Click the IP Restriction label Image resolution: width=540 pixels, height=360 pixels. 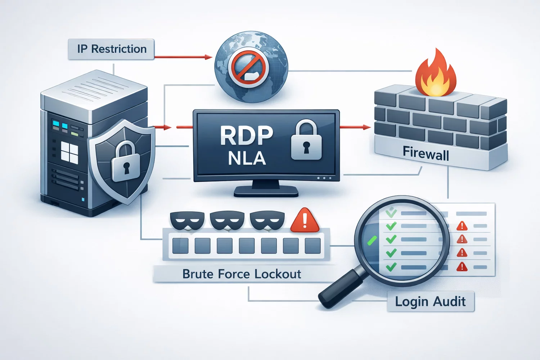(x=111, y=49)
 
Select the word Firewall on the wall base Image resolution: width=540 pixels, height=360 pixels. (x=426, y=153)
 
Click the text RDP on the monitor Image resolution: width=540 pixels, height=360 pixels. (x=246, y=136)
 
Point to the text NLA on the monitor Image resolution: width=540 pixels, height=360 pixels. (x=247, y=159)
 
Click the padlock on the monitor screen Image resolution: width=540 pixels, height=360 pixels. (x=306, y=142)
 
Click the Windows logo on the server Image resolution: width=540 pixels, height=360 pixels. (x=69, y=152)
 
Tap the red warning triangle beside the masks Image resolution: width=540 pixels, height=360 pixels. (x=305, y=220)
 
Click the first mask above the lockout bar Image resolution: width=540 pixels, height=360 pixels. (x=187, y=220)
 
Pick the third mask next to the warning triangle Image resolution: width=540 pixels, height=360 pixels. (x=267, y=220)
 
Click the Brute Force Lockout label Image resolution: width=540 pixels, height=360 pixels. (x=242, y=274)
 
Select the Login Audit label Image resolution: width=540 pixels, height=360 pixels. (x=430, y=302)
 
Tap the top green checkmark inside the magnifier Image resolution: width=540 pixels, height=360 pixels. (x=391, y=213)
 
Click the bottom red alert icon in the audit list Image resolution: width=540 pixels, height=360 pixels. (x=462, y=267)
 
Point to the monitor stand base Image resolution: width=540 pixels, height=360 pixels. (x=266, y=192)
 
